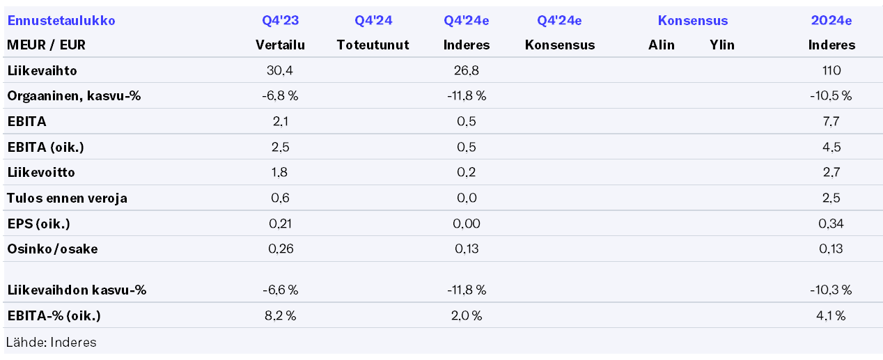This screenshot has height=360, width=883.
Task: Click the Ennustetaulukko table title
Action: (x=61, y=21)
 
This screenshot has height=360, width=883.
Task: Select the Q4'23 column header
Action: (x=280, y=21)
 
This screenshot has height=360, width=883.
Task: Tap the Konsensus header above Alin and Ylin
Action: (x=692, y=21)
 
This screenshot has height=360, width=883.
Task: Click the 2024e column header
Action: (x=831, y=21)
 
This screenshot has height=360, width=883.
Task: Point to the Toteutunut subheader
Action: (x=373, y=45)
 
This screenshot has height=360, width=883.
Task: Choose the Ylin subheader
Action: (x=721, y=45)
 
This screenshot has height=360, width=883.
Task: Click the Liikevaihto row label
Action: (x=42, y=70)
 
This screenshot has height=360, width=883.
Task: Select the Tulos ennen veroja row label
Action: (x=67, y=198)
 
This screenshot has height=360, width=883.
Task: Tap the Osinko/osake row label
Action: (x=52, y=249)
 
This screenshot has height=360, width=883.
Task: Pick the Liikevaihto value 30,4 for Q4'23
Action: (x=280, y=70)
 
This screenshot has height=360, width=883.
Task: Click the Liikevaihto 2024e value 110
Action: (x=831, y=70)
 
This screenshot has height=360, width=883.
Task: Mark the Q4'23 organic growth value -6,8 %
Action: (x=280, y=96)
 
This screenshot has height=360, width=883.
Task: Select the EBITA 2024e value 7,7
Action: (x=831, y=122)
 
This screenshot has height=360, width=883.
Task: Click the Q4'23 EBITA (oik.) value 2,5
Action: (x=280, y=147)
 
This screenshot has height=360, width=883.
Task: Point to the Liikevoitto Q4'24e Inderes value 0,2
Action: (x=466, y=173)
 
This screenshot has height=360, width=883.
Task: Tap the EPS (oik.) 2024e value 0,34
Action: (x=831, y=224)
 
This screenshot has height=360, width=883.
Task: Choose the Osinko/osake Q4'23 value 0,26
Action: (x=280, y=249)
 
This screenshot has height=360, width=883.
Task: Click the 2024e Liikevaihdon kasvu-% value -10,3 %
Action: (x=831, y=290)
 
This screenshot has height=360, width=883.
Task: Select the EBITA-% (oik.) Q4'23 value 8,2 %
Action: (x=280, y=316)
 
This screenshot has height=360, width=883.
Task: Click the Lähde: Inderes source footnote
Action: (x=52, y=342)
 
